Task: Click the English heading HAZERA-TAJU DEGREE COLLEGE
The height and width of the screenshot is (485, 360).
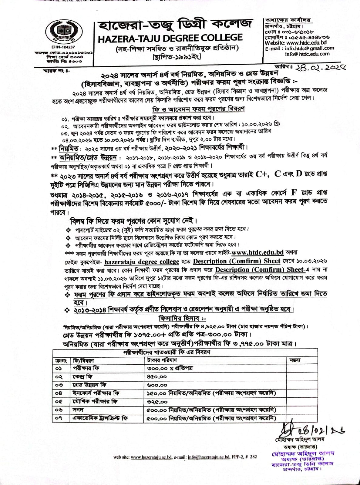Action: pyautogui.click(x=170, y=38)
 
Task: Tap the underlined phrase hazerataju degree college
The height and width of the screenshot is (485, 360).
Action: pyautogui.click(x=142, y=262)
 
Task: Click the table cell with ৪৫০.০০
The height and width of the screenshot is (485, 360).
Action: pyautogui.click(x=157, y=377)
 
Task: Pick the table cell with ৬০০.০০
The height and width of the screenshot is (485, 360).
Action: pyautogui.click(x=157, y=385)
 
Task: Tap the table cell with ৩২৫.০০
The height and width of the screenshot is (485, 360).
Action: pyautogui.click(x=157, y=402)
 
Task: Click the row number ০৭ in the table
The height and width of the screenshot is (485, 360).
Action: pyautogui.click(x=59, y=418)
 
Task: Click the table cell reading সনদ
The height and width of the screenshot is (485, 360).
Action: pyautogui.click(x=78, y=410)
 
